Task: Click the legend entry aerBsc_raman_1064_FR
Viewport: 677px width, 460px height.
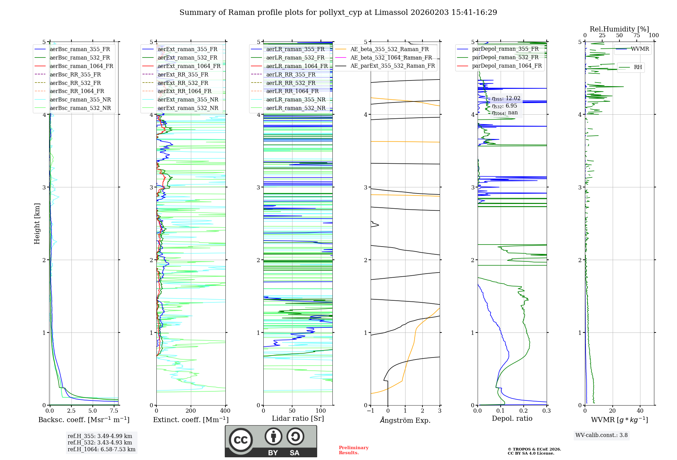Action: point(81,66)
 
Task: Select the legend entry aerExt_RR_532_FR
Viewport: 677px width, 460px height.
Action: point(183,83)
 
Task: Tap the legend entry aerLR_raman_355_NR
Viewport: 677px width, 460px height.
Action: point(296,99)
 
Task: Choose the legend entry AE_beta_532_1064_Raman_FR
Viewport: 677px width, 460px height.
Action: point(391,57)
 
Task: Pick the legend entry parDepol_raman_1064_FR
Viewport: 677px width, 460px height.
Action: point(507,66)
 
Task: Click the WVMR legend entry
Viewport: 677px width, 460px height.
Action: point(640,49)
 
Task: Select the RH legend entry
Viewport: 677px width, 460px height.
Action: point(638,67)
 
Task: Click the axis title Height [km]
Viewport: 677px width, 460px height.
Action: point(37,224)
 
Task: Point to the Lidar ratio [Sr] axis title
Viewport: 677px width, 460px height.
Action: point(298,418)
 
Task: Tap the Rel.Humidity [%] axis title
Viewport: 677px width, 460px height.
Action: point(619,29)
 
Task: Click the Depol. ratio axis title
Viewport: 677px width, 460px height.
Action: point(512,418)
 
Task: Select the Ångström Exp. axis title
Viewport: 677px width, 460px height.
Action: point(405,420)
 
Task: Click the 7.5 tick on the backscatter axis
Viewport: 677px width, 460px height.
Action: point(114,411)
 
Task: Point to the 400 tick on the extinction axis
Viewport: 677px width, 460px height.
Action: point(225,411)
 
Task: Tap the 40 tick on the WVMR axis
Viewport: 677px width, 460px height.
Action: point(640,411)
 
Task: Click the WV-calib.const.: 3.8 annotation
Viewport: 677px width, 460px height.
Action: point(601,435)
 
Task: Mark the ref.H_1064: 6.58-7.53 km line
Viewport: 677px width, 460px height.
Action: point(101,449)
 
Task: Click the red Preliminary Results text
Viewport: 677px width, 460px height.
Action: point(353,450)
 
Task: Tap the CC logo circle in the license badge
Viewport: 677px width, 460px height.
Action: point(241,440)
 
